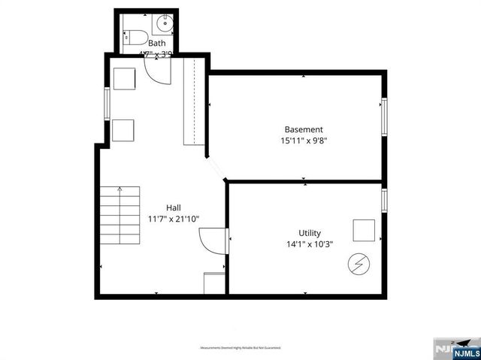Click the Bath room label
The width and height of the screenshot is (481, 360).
pos(156,44)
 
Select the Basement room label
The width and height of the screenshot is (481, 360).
pos(304,129)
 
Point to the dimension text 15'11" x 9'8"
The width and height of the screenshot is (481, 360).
pos(304,140)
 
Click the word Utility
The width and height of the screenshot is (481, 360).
pos(309,232)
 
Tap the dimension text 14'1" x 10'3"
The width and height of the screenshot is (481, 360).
pos(309,244)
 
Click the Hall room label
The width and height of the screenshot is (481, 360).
pos(174,207)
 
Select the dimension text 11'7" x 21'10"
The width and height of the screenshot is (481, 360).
pos(174,219)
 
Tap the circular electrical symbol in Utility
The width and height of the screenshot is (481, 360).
pos(358,264)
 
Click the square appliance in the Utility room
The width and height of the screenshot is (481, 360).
pos(364,229)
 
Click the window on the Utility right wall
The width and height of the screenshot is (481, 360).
pos(383,201)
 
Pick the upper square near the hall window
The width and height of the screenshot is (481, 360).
pos(124,78)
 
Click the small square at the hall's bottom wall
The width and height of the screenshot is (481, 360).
pos(214,283)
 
